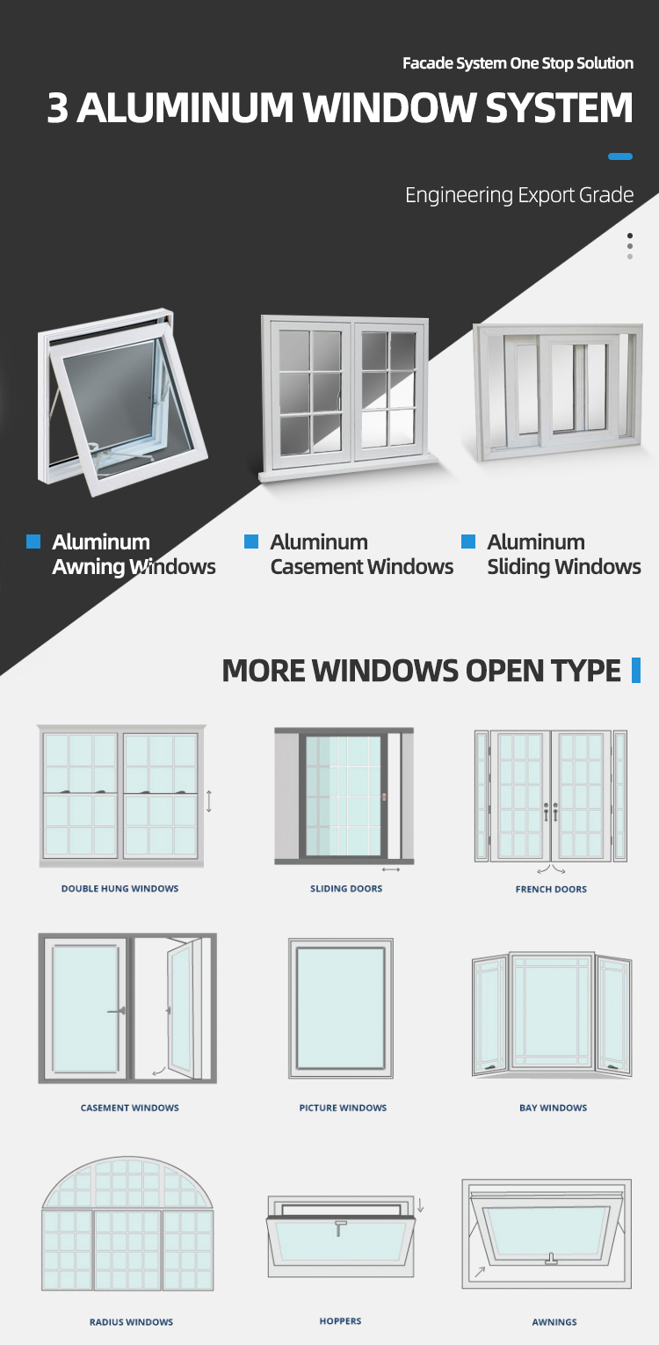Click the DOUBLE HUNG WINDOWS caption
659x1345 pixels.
pyautogui.click(x=120, y=888)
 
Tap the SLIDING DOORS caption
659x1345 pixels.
pyautogui.click(x=346, y=888)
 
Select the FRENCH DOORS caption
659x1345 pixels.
pyautogui.click(x=551, y=889)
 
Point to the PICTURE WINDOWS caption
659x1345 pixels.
pyautogui.click(x=343, y=1108)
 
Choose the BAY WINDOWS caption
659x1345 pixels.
pyautogui.click(x=554, y=1108)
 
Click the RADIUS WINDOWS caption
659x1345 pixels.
pyautogui.click(x=132, y=1321)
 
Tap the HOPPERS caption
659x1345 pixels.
pyautogui.click(x=340, y=1320)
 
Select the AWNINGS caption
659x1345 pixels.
pyautogui.click(x=554, y=1321)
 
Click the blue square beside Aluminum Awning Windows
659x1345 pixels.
pyautogui.click(x=33, y=542)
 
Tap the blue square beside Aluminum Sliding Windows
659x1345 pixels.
pyautogui.click(x=468, y=542)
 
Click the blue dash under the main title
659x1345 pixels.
pyautogui.click(x=620, y=156)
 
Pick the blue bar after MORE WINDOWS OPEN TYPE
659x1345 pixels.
pyautogui.click(x=636, y=670)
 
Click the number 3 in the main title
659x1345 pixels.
pyautogui.click(x=58, y=108)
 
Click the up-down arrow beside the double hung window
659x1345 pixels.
pyautogui.click(x=209, y=802)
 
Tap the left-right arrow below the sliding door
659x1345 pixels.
pyautogui.click(x=391, y=869)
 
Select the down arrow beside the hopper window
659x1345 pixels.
pyautogui.click(x=421, y=1205)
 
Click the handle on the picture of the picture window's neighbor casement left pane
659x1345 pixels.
pyautogui.click(x=117, y=1012)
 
